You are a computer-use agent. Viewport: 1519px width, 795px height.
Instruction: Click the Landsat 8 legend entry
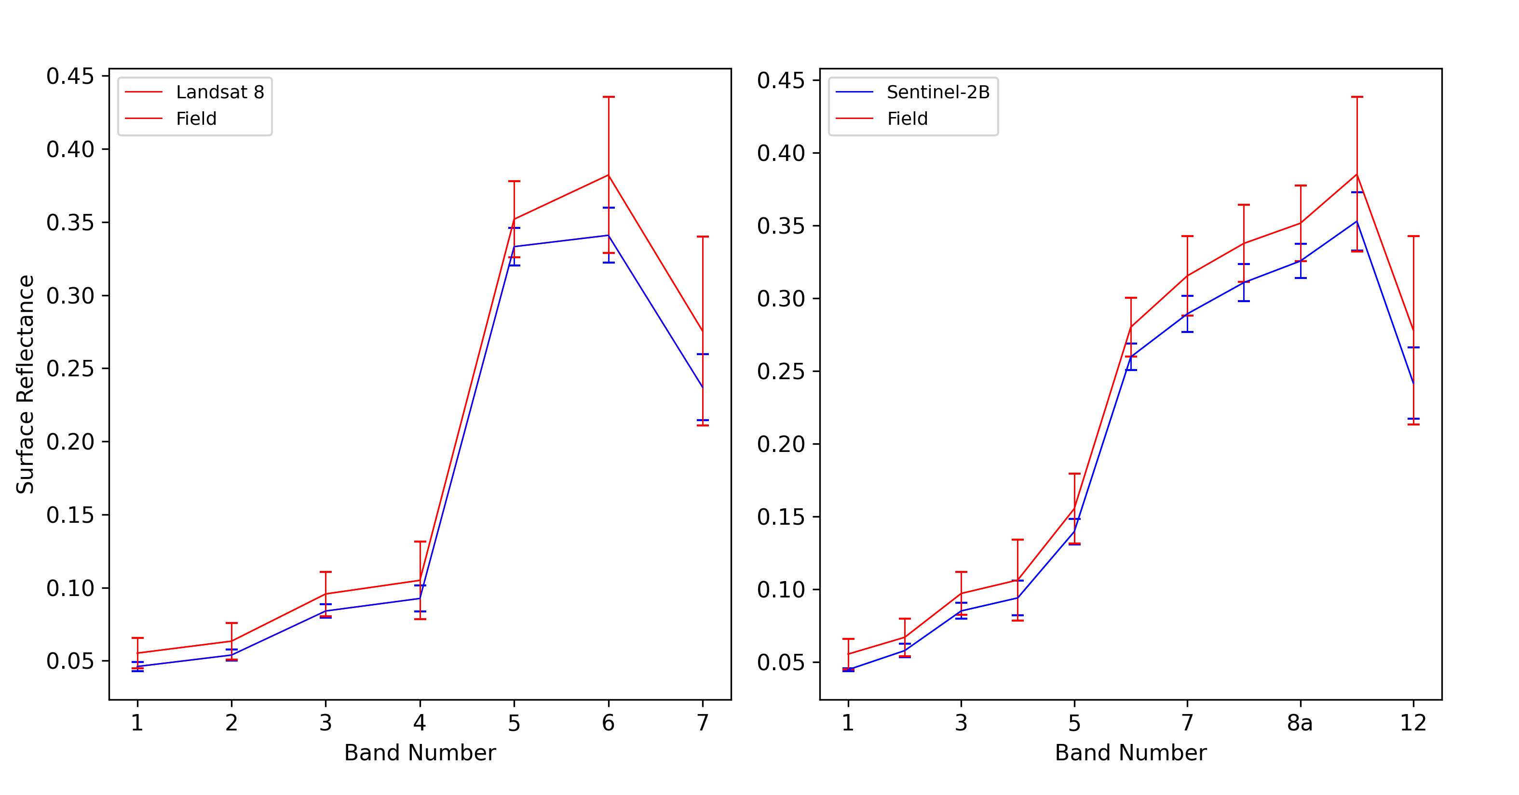[x=195, y=92]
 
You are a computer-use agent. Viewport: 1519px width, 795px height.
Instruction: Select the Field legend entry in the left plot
[x=171, y=119]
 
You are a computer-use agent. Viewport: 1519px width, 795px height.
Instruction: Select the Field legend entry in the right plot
[x=882, y=119]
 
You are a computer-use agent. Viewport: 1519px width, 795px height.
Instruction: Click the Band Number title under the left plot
[x=420, y=753]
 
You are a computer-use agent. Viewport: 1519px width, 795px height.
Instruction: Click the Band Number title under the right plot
[x=1130, y=753]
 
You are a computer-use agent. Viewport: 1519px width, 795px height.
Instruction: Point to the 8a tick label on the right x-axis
[x=1300, y=723]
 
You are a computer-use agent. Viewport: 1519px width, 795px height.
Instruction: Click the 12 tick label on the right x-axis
[x=1413, y=723]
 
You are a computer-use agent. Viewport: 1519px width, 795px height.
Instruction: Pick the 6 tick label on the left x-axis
[x=608, y=723]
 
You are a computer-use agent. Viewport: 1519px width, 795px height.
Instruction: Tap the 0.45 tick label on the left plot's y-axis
[x=70, y=76]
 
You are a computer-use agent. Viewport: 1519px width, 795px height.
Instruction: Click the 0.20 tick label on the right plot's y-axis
[x=781, y=444]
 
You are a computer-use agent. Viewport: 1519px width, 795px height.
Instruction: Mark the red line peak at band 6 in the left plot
[x=608, y=175]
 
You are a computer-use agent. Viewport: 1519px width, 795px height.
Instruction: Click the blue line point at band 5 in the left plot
[x=514, y=246]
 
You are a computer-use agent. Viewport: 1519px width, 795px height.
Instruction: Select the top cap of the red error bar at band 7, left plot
[x=702, y=237]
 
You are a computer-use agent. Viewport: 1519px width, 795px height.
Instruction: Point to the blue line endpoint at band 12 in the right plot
[x=1413, y=383]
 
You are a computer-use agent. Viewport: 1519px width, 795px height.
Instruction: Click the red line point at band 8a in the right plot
[x=1300, y=223]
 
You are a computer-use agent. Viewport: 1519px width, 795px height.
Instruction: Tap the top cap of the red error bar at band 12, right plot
[x=1413, y=236]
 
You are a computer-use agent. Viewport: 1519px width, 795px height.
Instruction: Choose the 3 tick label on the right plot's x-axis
[x=961, y=723]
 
